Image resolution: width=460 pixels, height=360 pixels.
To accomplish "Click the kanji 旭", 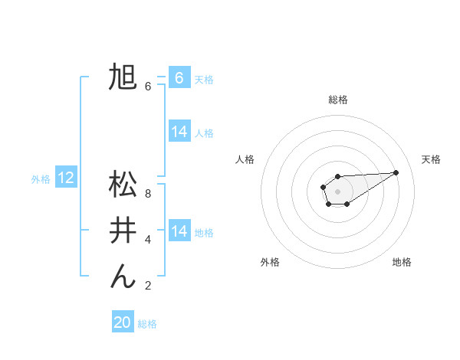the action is point(123,78).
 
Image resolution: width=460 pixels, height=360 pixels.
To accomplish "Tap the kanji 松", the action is point(123,185).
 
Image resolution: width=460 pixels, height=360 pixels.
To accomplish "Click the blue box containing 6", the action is point(179,77).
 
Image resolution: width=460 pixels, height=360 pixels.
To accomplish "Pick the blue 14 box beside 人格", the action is point(179,132).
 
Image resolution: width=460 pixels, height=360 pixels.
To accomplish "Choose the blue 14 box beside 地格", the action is point(179,231).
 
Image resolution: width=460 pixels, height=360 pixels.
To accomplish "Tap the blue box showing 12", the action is point(66,178).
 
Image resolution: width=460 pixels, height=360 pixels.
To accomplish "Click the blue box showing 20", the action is point(123,322).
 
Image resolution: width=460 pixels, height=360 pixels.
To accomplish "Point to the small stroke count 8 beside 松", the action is point(148,194).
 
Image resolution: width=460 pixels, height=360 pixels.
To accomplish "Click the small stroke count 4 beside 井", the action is point(148,240).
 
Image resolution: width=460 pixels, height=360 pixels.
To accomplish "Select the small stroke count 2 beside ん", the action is point(148,286).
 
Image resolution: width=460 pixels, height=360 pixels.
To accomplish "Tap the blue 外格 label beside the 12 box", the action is point(41,179).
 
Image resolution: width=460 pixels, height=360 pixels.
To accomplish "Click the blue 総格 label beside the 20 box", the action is point(147,324).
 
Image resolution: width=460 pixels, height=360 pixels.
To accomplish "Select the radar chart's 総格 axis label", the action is point(337,100).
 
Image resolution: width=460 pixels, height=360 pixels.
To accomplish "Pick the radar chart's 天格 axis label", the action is point(431,159).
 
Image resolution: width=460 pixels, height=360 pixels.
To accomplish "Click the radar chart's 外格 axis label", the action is point(270,262).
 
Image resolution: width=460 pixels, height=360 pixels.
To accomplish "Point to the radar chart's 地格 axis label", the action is point(402,262).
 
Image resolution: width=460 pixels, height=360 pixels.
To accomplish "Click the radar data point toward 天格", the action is point(396,172).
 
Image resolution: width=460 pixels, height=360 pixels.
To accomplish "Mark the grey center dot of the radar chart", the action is point(337,191).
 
